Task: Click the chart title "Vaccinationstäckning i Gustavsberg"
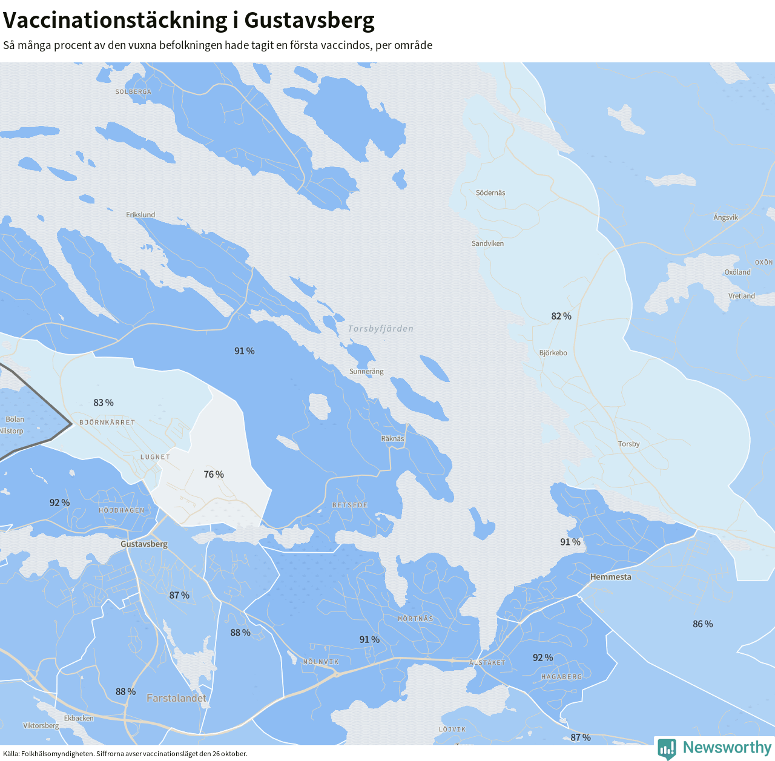[189, 21]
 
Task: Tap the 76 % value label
[214, 475]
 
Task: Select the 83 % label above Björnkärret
[104, 403]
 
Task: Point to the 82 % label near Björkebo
[561, 316]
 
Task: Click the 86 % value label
[703, 624]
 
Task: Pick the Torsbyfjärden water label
[381, 329]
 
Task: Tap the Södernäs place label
[490, 193]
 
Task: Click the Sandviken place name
[487, 243]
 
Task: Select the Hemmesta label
[610, 577]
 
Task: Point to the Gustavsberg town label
[144, 544]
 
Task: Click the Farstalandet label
[176, 698]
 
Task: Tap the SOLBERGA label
[133, 92]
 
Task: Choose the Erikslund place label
[140, 215]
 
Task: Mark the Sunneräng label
[366, 372]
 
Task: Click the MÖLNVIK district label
[321, 662]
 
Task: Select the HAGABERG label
[561, 677]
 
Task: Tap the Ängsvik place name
[725, 217]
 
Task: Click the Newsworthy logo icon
[667, 748]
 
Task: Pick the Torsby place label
[628, 444]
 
